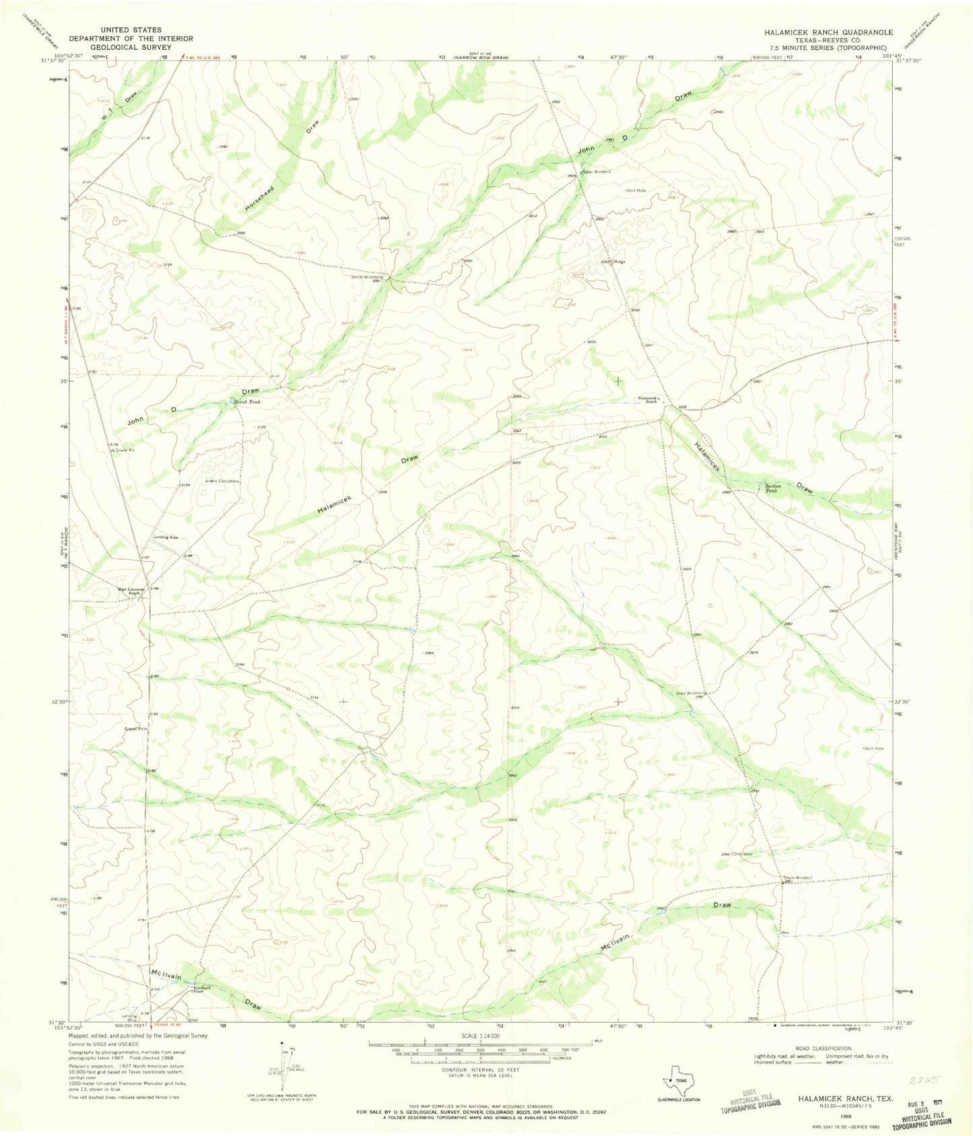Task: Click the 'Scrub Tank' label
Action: (x=246, y=402)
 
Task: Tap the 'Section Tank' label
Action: (x=772, y=488)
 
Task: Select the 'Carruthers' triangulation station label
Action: (x=228, y=481)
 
